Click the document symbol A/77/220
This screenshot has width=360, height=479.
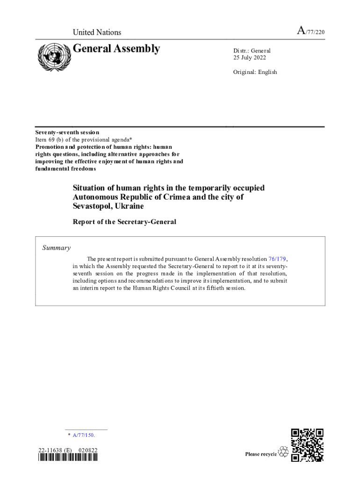click(311, 32)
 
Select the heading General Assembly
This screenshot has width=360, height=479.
click(116, 49)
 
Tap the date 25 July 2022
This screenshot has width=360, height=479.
click(250, 58)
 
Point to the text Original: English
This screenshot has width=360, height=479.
click(255, 72)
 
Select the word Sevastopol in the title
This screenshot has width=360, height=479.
click(91, 206)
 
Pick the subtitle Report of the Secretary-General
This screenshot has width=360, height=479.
click(124, 222)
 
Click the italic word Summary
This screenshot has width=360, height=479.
click(57, 248)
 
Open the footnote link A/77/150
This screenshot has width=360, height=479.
click(84, 435)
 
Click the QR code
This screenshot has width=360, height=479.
click(307, 445)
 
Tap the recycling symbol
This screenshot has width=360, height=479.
click(283, 452)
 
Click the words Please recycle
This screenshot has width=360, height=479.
click(261, 454)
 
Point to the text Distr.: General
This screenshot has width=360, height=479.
click(252, 51)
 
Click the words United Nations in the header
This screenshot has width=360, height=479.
click(97, 32)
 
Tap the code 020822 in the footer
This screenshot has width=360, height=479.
click(88, 450)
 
